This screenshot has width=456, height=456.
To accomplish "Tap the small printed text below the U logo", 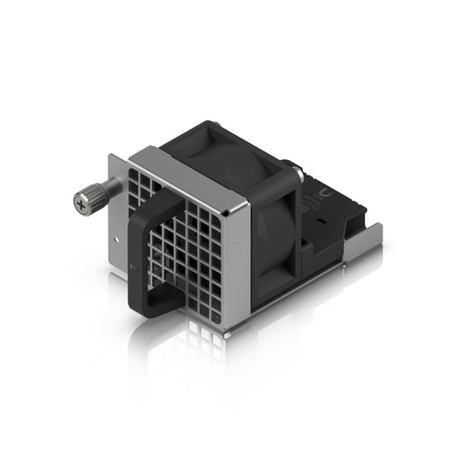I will click(323, 205).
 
